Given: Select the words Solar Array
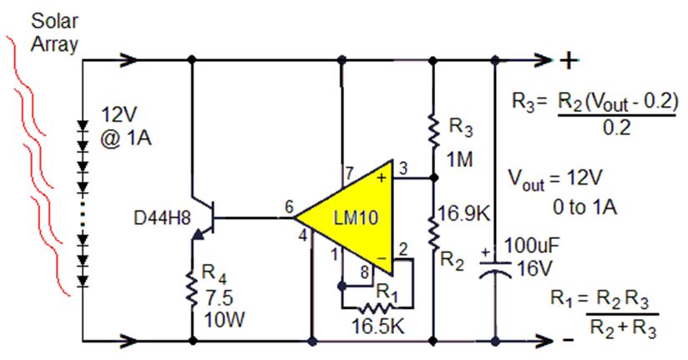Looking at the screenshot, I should pos(55,33).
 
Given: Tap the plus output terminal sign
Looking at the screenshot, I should pos(568,61).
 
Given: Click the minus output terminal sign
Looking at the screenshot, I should pos(568,341).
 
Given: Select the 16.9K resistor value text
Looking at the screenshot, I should pos(463,214).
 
